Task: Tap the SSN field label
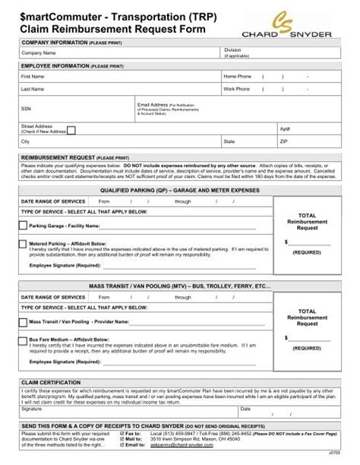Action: [x=27, y=108]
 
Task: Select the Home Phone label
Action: [x=238, y=77]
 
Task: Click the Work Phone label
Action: [x=238, y=89]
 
